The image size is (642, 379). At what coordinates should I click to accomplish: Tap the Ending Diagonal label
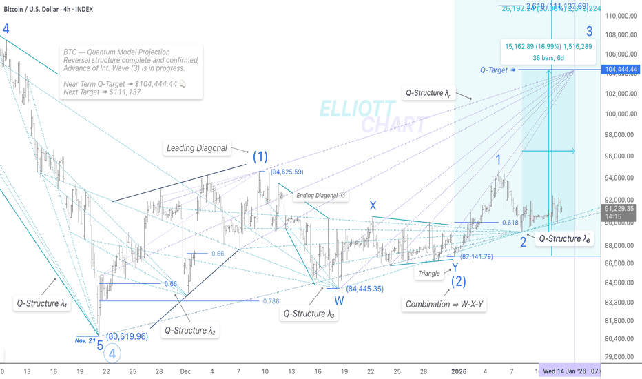coord(320,196)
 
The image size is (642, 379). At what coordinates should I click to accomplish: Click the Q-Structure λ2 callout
coord(189,331)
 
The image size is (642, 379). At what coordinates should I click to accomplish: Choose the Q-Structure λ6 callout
coord(566,238)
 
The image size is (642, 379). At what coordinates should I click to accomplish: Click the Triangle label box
coord(428,274)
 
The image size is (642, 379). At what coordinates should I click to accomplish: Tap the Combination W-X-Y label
coord(444,304)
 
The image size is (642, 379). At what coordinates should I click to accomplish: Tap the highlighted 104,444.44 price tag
coord(619,70)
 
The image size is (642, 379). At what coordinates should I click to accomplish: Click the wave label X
coord(373,205)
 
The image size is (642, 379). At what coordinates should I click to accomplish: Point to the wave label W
coord(340,300)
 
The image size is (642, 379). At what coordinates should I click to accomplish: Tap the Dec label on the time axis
coord(185,370)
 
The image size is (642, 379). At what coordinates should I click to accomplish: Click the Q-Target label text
coord(495,70)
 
